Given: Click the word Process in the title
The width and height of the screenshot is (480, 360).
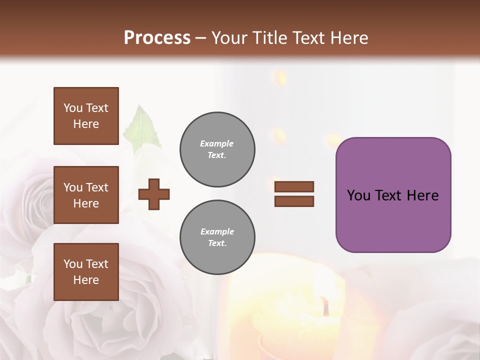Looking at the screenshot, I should click(157, 37).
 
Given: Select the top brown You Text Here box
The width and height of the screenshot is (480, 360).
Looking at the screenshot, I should click(86, 116).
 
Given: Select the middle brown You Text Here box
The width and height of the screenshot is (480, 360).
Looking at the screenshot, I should click(86, 195).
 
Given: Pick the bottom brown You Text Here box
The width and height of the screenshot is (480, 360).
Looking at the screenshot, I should click(86, 272).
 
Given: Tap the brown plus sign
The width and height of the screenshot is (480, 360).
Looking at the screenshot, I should click(154, 194).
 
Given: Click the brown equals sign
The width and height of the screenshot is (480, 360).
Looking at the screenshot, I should click(294, 194).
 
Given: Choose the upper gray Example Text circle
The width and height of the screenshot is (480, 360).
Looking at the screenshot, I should click(217, 149).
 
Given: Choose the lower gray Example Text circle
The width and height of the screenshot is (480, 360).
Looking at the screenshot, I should click(217, 237).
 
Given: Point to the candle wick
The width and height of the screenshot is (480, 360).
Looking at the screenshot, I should click(325, 305).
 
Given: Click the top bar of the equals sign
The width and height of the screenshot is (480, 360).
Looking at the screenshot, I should click(294, 186).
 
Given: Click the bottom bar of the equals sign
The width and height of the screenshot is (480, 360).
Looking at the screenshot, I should click(294, 201).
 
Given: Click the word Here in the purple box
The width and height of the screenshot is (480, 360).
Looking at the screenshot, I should click(422, 195).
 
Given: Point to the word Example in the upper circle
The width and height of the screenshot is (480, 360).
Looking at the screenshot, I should click(217, 143).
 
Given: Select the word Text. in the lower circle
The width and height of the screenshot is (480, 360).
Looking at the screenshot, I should click(217, 243).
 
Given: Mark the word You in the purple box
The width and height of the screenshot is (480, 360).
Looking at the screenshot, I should click(358, 195).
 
